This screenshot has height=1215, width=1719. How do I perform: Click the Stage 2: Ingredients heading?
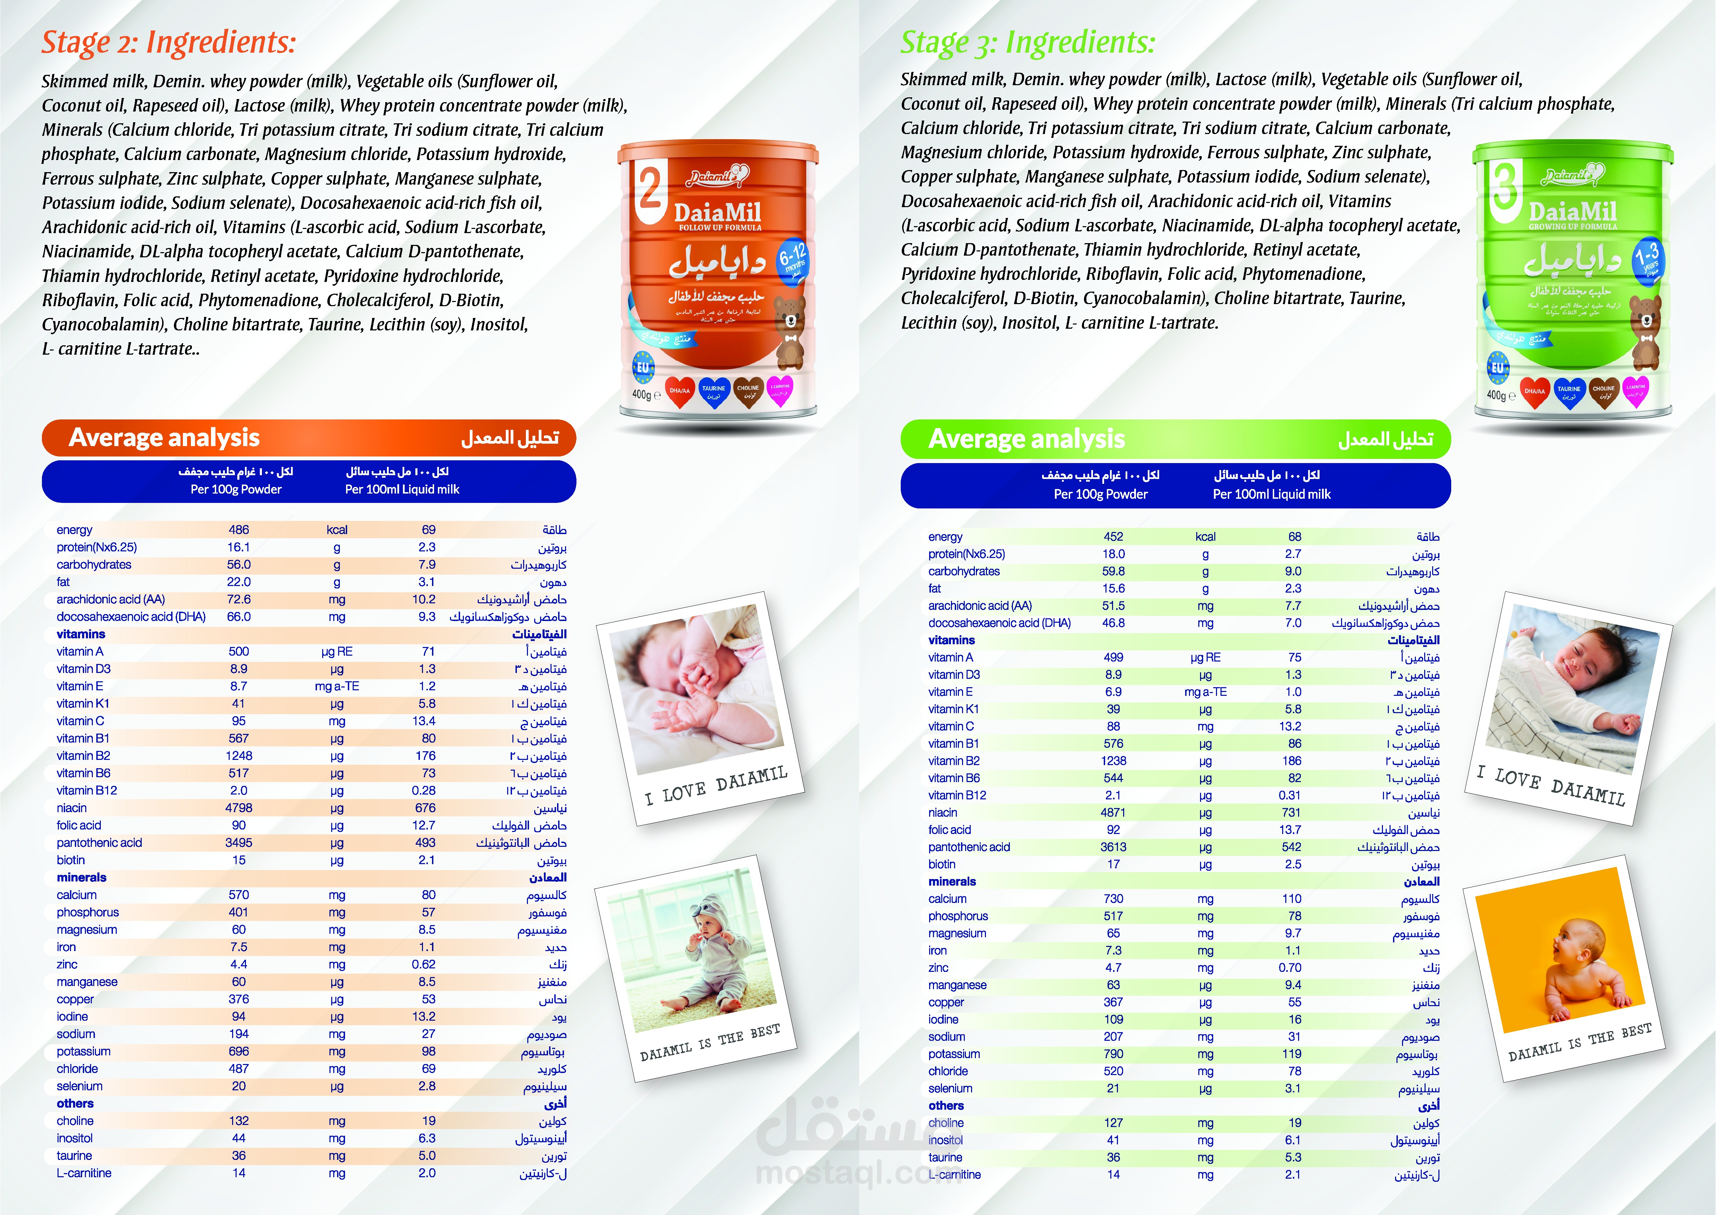(x=168, y=43)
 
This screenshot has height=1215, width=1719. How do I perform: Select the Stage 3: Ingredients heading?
(x=1027, y=43)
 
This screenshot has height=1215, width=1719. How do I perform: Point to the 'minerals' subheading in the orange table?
(x=82, y=877)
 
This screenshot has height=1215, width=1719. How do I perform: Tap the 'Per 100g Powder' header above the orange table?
(x=236, y=490)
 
